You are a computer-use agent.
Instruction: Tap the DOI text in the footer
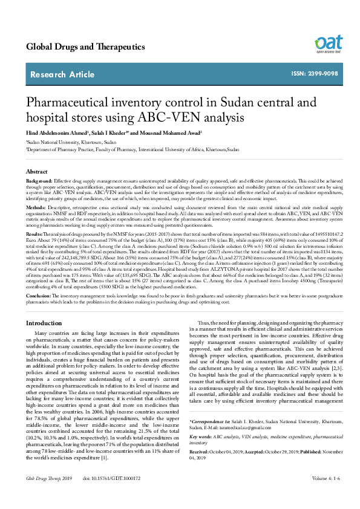coord(111,495)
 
